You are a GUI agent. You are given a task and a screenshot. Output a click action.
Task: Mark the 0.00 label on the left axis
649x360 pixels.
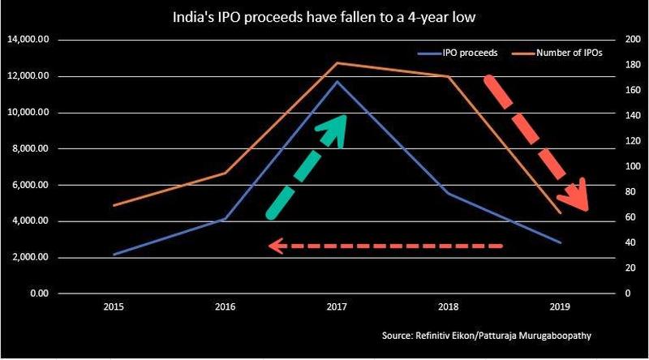40,294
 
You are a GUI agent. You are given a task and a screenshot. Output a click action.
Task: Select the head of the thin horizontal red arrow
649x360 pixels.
275,245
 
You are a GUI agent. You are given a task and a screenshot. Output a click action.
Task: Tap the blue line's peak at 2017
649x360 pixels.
337,81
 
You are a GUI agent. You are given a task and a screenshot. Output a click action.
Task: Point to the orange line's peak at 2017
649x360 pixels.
337,62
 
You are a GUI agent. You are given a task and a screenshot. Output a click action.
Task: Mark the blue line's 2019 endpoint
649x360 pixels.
560,242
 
